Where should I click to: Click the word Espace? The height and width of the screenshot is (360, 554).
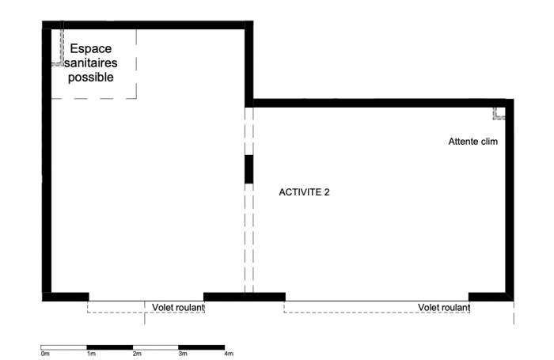coord(90,49)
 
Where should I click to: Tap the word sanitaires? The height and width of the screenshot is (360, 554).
coord(90,63)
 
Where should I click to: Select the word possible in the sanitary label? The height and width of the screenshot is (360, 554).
coord(90,77)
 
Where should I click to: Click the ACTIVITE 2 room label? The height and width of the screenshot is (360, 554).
coord(304,191)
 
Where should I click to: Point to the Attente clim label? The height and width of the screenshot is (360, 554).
coord(472,142)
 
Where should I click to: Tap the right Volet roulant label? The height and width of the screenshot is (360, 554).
coord(444,307)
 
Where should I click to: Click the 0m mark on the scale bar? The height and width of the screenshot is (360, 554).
coord(44,354)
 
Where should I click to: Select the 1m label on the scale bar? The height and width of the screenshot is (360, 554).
coord(90,354)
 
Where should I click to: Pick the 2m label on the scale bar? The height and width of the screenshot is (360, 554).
coord(136,354)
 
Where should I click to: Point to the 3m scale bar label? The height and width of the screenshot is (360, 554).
coord(182,354)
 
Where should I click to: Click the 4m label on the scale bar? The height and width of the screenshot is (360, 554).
coord(228,354)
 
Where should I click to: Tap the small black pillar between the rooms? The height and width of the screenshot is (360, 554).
coord(249,169)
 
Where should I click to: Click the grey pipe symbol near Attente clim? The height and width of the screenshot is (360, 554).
coord(499,113)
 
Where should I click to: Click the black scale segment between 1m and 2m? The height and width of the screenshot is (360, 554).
coord(109,347)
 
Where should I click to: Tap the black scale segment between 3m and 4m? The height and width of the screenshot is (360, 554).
coord(201,347)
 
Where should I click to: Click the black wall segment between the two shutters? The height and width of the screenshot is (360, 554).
coord(244,297)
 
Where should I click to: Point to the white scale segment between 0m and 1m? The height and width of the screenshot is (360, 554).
coord(63,347)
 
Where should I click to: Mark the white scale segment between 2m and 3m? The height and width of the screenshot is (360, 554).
coord(155,347)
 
